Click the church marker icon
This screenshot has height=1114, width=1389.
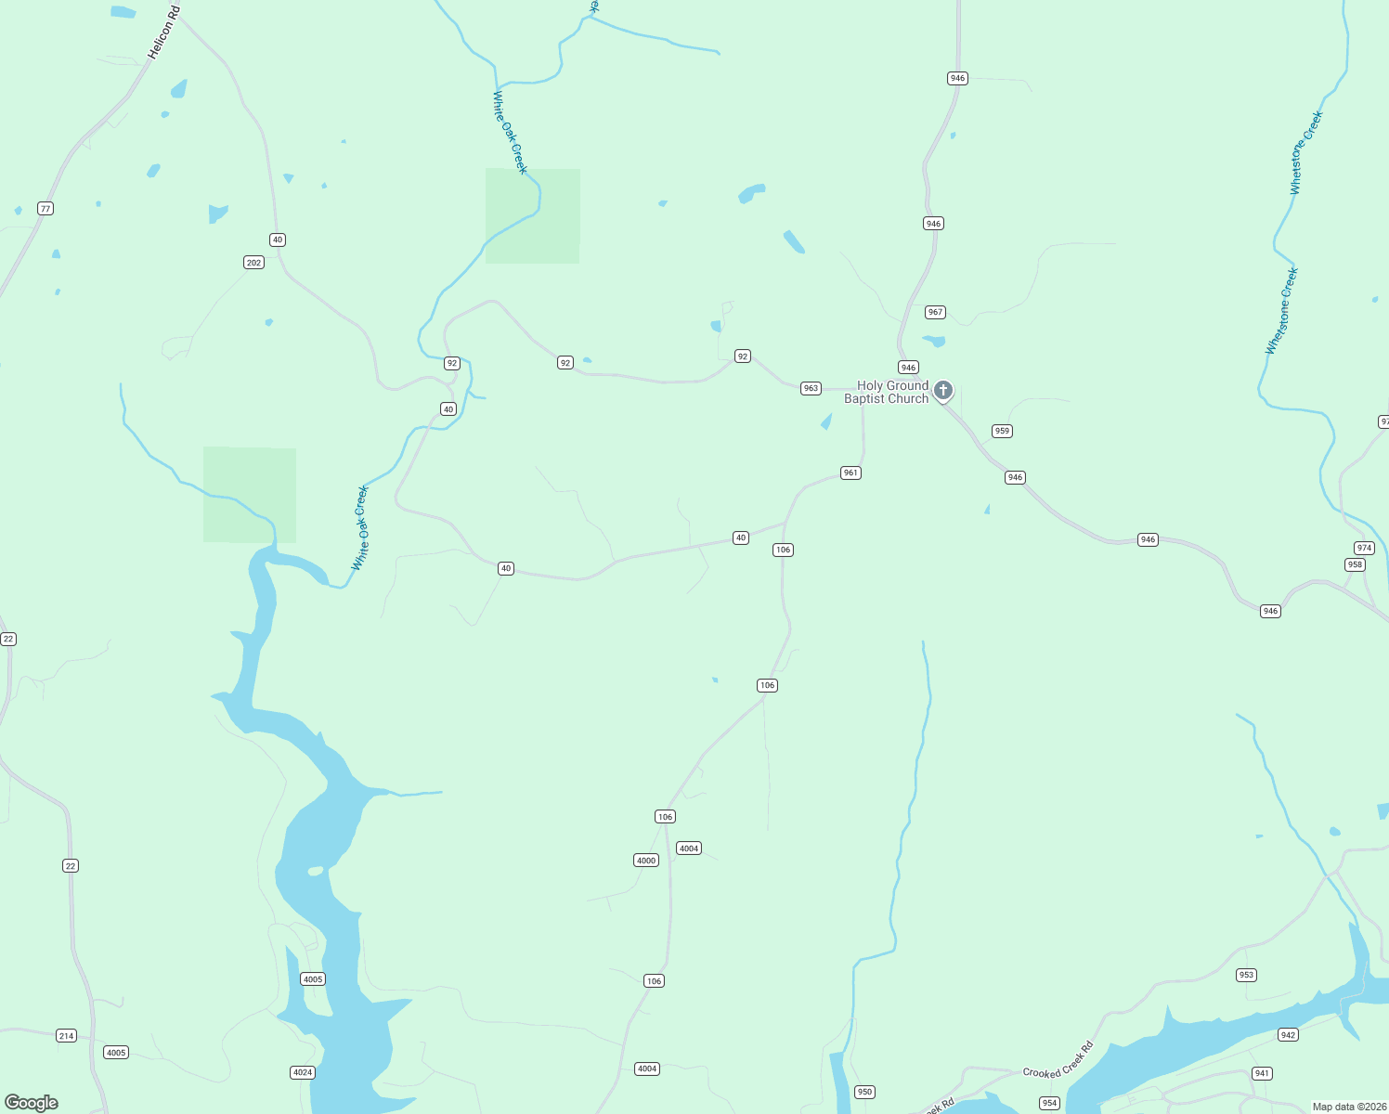coord(942,390)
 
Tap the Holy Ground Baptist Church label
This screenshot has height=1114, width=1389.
coord(887,392)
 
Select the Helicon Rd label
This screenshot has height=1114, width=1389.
coord(162,33)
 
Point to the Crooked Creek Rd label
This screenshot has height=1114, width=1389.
coord(1058,1059)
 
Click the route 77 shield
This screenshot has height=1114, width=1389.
coord(45,208)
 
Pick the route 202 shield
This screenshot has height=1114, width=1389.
coord(253,263)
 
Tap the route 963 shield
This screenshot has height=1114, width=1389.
coord(811,388)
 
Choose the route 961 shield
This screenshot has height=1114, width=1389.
coord(850,473)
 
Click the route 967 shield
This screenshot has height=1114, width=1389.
coord(935,312)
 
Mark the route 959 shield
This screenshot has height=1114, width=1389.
coord(1002,431)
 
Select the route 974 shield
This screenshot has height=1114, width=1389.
coord(1364,548)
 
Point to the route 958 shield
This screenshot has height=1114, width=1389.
coord(1355,564)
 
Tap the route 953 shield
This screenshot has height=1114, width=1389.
coord(1246,975)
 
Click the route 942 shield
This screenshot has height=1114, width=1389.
coord(1288,1035)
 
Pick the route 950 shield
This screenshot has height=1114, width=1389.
coord(864,1092)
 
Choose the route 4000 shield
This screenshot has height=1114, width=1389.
coord(646,861)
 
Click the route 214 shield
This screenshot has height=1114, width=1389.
coord(66,1036)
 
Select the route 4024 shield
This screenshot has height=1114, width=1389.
coord(303,1072)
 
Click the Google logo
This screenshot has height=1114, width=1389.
coord(32,1103)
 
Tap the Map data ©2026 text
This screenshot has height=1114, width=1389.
coord(1348,1107)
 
